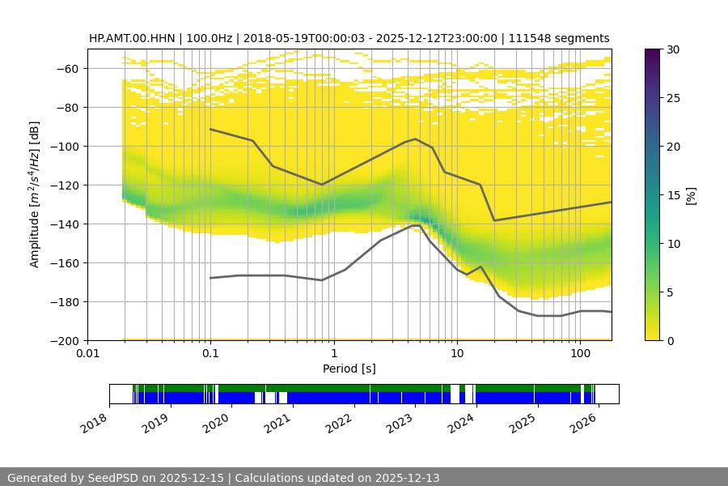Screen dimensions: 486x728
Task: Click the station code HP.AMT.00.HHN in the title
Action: point(131,39)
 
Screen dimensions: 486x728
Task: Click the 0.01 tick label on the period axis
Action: point(87,354)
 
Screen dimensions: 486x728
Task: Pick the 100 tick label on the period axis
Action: point(579,354)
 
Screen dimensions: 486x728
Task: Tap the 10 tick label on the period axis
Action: point(457,354)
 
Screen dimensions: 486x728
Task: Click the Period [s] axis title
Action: point(349,369)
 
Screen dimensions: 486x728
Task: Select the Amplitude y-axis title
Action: point(35,194)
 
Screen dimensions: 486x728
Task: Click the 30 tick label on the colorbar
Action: point(672,49)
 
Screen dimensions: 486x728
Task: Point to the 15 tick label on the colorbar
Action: point(672,195)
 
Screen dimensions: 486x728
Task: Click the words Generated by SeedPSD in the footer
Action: point(73,478)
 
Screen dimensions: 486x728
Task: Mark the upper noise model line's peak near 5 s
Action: point(416,139)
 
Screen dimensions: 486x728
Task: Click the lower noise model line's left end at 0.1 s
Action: point(210,278)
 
